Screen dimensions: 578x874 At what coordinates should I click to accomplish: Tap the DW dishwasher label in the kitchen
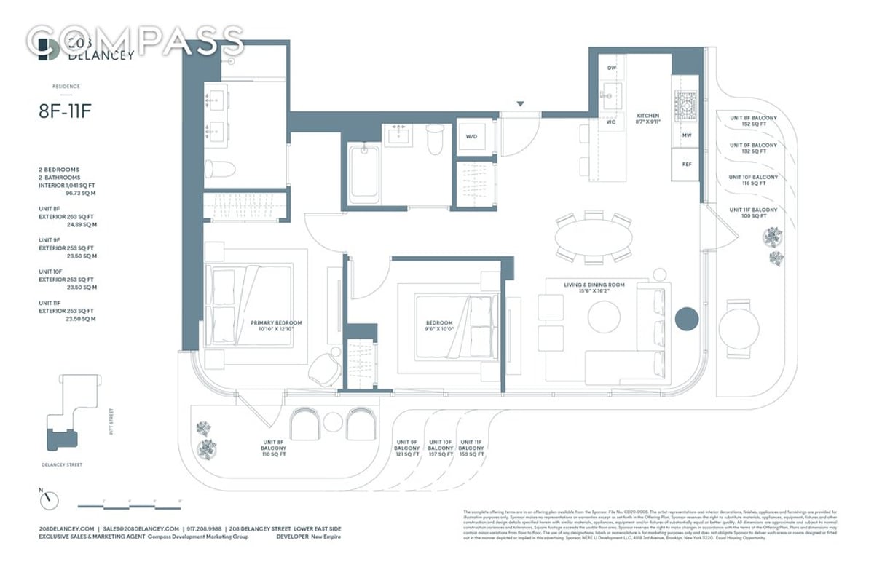click(x=612, y=68)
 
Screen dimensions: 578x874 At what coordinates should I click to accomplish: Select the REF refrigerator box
click(x=686, y=164)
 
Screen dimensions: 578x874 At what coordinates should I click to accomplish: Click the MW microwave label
click(x=686, y=135)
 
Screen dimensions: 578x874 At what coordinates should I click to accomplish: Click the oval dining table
click(x=593, y=236)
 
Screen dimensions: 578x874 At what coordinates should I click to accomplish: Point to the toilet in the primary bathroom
click(x=219, y=169)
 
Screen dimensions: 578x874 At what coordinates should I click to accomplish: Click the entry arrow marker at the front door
click(x=519, y=104)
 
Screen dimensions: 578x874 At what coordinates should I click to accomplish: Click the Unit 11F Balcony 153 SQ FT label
click(x=471, y=448)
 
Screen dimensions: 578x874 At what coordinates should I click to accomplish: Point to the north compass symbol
click(x=50, y=501)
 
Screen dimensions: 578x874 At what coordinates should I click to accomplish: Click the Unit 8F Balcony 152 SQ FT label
click(x=753, y=121)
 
